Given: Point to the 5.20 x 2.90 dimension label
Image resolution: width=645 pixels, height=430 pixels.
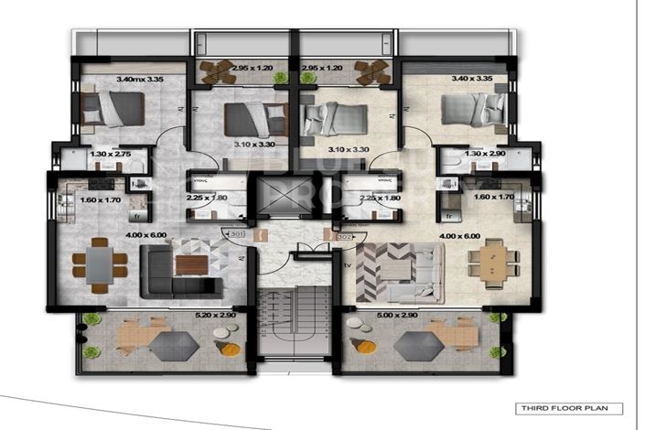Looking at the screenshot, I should [216, 316].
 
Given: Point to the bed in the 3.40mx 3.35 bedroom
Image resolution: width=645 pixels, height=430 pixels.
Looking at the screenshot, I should [113, 110].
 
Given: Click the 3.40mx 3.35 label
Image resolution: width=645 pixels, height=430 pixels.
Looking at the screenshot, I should [139, 79].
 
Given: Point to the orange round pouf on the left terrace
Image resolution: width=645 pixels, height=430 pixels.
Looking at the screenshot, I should [231, 349].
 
